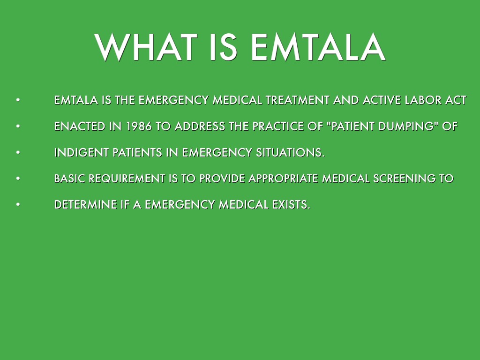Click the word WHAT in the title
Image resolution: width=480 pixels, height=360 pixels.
pyautogui.click(x=145, y=47)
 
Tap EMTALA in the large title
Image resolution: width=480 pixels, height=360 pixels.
pyautogui.click(x=318, y=47)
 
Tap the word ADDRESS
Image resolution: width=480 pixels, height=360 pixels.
pyautogui.click(x=200, y=127)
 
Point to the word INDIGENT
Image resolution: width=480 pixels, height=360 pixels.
pyautogui.click(x=82, y=152)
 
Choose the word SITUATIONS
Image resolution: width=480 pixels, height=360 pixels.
pyautogui.click(x=290, y=152)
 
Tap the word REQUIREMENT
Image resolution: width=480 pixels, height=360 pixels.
pyautogui.click(x=127, y=179)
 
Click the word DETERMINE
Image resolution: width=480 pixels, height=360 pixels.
pyautogui.click(x=86, y=204)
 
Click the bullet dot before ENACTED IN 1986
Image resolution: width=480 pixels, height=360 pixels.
pyautogui.click(x=18, y=126)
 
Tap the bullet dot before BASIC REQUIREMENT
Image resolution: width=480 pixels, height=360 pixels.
pyautogui.click(x=18, y=178)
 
